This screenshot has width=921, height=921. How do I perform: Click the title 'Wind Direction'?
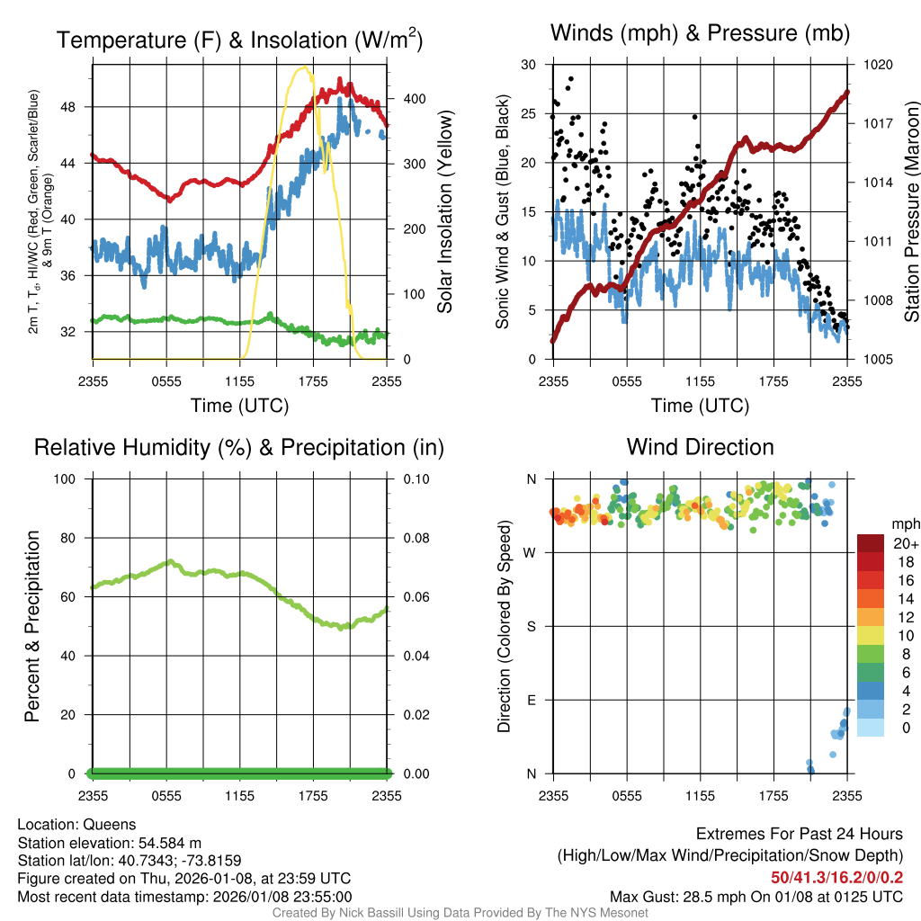pyautogui.click(x=700, y=447)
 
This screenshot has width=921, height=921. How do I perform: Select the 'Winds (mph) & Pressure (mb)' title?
pyautogui.click(x=700, y=34)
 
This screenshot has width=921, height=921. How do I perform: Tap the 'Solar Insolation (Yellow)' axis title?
pyautogui.click(x=444, y=212)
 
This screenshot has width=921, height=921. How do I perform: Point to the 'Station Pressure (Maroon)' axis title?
pyautogui.click(x=910, y=212)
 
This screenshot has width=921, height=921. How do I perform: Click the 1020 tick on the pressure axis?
pyautogui.click(x=876, y=65)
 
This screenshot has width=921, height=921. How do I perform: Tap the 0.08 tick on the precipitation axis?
pyautogui.click(x=415, y=538)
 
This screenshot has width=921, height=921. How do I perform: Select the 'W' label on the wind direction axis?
pyautogui.click(x=531, y=552)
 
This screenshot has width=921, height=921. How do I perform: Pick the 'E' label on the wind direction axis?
pyautogui.click(x=532, y=700)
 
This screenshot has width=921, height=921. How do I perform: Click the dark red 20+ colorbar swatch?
pyautogui.click(x=871, y=543)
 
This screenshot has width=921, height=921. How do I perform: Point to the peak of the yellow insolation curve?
pyautogui.click(x=304, y=67)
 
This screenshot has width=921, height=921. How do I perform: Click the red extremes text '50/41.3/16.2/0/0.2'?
pyautogui.click(x=837, y=877)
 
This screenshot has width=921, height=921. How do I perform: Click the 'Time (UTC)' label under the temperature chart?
pyautogui.click(x=239, y=406)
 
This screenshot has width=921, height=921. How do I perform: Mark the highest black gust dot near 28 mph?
pyautogui.click(x=570, y=79)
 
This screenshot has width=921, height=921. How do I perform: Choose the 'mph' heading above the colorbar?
pyautogui.click(x=904, y=523)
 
